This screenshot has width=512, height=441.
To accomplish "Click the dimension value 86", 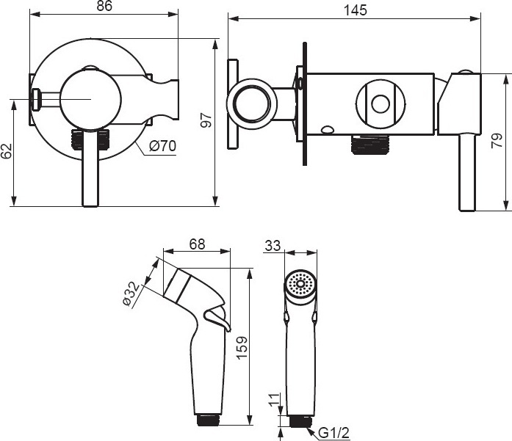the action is click(x=104, y=6).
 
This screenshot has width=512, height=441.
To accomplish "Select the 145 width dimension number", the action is click(x=356, y=10).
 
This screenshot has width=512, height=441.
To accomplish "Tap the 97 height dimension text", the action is click(x=206, y=120).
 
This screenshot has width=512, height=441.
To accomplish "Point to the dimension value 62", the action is click(x=6, y=150).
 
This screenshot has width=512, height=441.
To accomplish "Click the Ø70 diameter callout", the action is click(x=162, y=146).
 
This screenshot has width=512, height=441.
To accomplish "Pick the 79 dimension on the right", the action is click(x=497, y=141).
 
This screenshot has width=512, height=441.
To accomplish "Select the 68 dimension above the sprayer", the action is click(x=197, y=244).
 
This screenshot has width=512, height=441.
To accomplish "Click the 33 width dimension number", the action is click(x=273, y=246).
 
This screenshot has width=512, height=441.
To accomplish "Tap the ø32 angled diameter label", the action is click(x=131, y=294).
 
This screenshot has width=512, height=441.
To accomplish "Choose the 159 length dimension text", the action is click(x=242, y=348).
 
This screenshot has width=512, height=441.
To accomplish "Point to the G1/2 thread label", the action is click(x=333, y=433).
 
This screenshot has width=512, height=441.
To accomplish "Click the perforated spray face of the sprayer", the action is click(x=300, y=283).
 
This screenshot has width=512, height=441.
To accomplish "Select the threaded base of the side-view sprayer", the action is click(x=209, y=420).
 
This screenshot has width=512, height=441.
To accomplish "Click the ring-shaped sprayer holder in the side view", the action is click(x=252, y=104).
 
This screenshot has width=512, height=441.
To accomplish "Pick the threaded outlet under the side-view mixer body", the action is click(x=370, y=144).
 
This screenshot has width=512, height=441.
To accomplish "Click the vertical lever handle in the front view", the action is click(x=90, y=167).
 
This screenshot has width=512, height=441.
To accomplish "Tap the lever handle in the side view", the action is click(x=467, y=172).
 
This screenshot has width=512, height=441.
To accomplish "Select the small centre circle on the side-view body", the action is click(x=381, y=104).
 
